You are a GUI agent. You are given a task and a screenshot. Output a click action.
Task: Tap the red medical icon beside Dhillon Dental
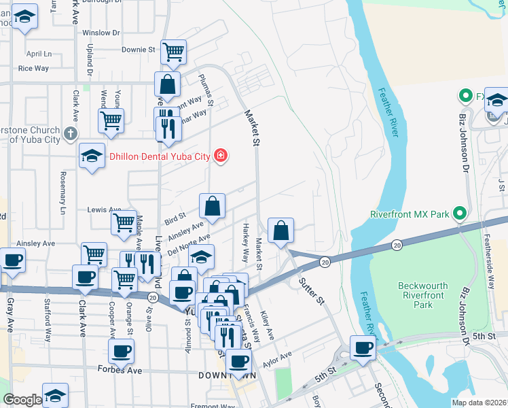[x=220, y=156]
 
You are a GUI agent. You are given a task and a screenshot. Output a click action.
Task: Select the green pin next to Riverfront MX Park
[x=459, y=214]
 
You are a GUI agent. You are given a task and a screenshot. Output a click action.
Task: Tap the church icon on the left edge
[x=69, y=134]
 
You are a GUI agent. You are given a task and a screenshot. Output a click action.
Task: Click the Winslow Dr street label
[x=101, y=33]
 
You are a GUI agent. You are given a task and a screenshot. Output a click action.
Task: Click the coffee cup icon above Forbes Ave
[x=122, y=351]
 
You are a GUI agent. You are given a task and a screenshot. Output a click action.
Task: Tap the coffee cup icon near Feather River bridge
[x=363, y=348]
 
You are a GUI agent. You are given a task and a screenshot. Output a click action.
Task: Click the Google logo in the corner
[x=22, y=400]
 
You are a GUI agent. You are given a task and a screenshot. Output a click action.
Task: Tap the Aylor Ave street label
[x=276, y=358]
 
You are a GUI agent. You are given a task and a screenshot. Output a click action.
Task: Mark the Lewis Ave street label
[x=103, y=210]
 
